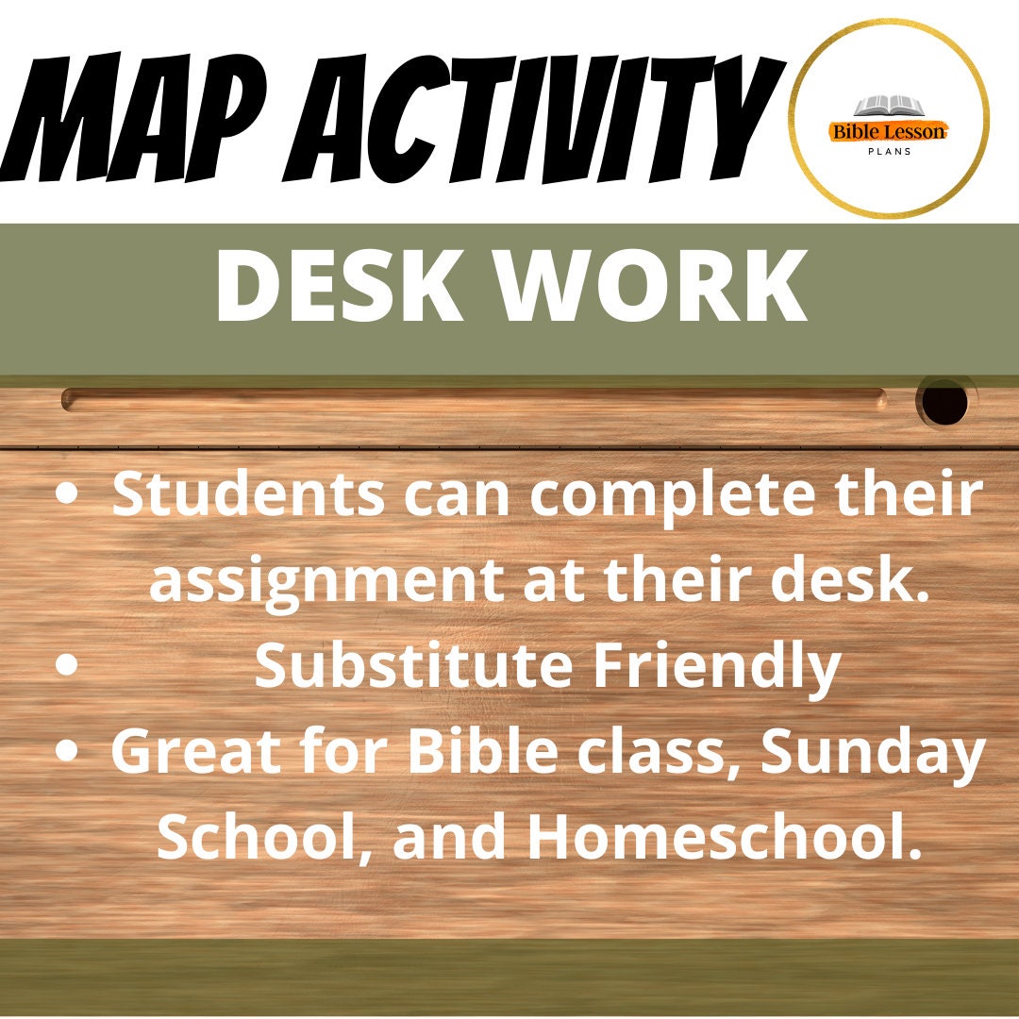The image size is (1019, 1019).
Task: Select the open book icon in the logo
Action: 887,107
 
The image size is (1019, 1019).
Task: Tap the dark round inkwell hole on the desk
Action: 944,404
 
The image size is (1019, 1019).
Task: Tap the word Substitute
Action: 414,665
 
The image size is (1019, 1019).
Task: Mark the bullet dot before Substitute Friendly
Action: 66,664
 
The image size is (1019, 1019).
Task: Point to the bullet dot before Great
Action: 66,750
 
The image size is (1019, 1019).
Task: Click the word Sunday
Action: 874,752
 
